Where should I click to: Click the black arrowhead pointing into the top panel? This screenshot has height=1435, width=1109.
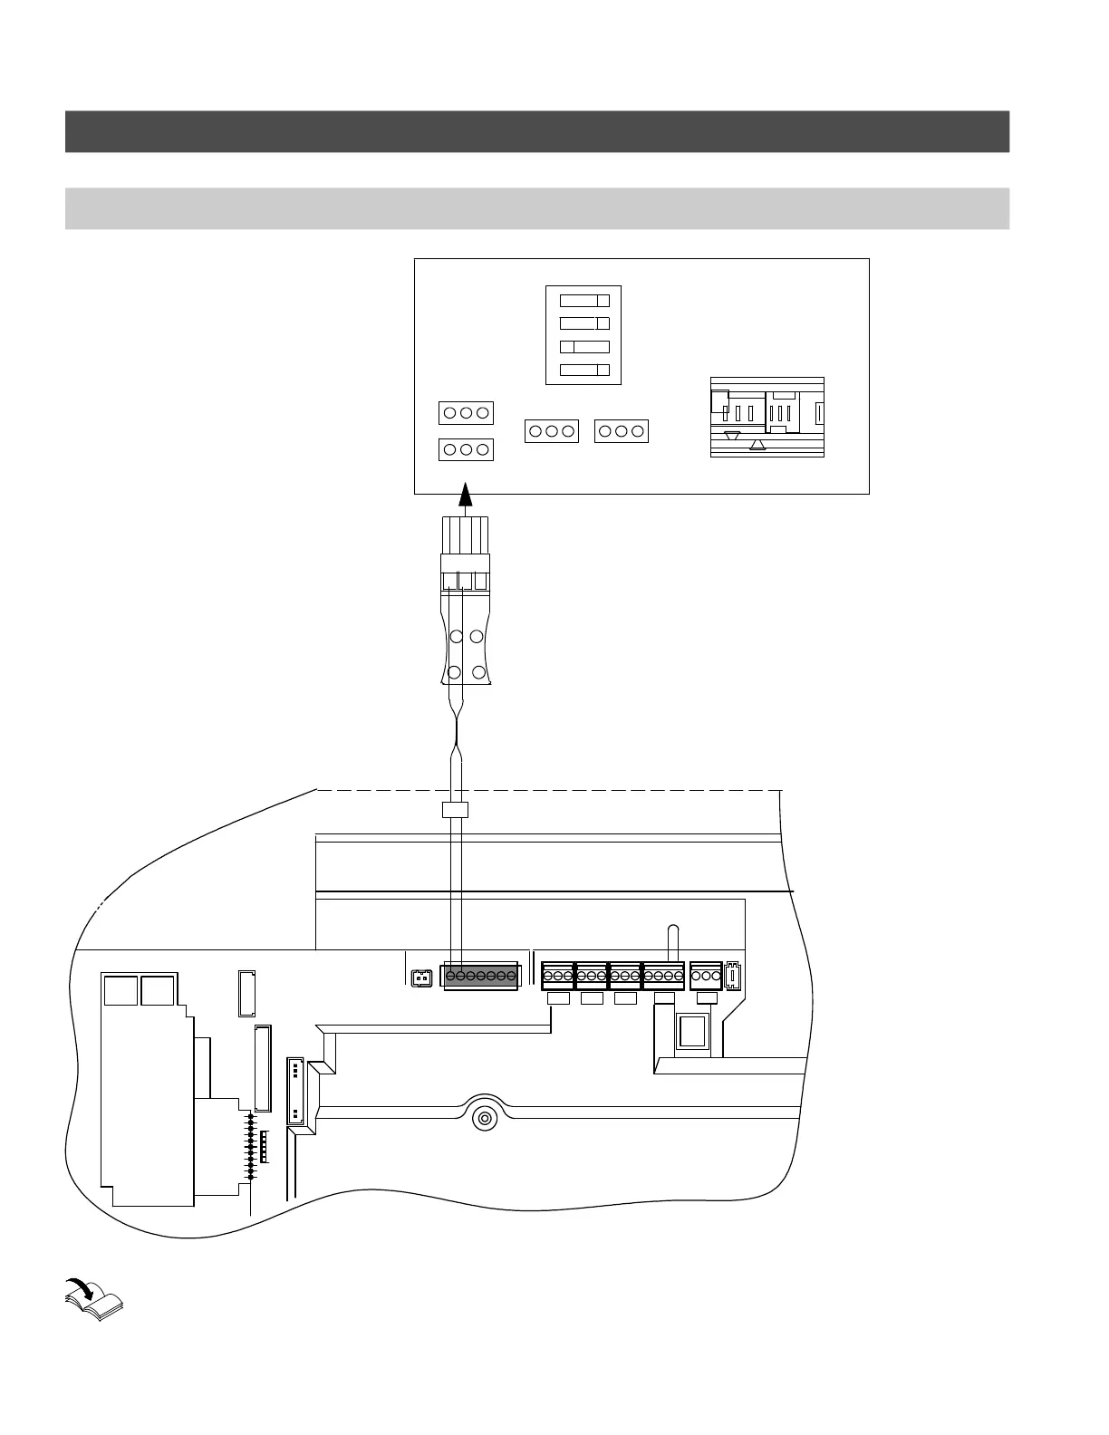tap(466, 494)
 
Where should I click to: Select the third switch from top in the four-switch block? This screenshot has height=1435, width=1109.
tap(584, 347)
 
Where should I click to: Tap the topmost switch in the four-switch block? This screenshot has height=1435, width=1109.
tap(584, 301)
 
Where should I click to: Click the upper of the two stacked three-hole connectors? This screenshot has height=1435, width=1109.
tap(466, 413)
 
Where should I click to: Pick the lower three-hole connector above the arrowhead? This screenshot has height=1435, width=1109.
tap(466, 449)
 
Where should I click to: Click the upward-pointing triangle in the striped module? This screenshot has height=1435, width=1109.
tap(759, 445)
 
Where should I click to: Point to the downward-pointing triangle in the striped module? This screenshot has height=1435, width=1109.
tap(733, 436)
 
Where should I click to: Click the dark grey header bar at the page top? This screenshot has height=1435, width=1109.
tap(536, 131)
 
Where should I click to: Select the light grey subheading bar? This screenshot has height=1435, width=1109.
tap(536, 208)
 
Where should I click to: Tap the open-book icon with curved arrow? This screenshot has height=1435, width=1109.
tap(94, 1300)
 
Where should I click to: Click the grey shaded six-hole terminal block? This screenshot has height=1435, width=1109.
tap(481, 977)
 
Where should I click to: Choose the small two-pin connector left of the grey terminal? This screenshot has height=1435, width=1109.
tap(420, 978)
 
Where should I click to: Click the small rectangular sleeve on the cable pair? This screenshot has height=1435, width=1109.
tap(454, 809)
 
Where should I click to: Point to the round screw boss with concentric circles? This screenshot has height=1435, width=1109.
tap(486, 1117)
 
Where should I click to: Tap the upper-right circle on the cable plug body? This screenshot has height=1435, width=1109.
tap(477, 637)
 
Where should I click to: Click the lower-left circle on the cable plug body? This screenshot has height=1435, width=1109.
tap(456, 673)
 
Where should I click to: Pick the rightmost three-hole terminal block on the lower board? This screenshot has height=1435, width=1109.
tap(706, 977)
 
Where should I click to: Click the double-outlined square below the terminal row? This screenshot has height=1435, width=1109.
tap(696, 1033)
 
